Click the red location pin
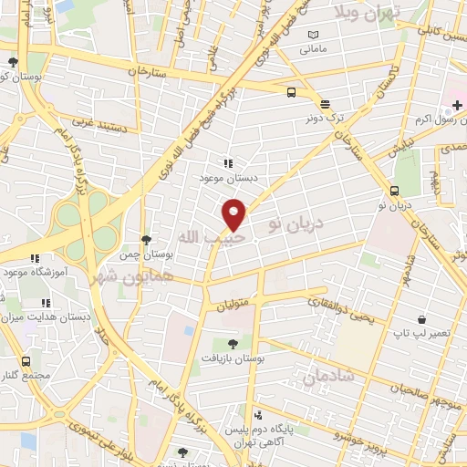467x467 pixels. [x=234, y=214]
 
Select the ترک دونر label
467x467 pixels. [x=326, y=118]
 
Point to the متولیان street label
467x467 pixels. [x=233, y=307]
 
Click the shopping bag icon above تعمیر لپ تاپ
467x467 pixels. [x=422, y=319]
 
